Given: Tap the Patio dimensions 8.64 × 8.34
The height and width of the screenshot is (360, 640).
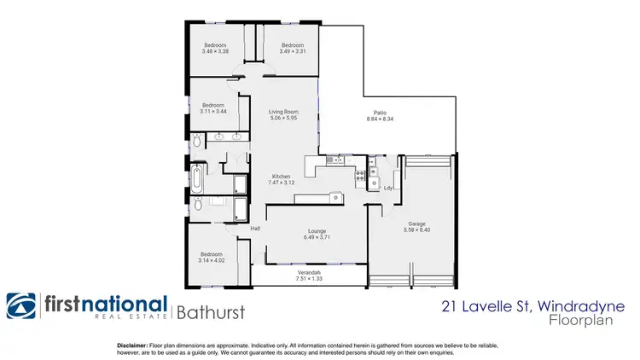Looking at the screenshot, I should [380, 119].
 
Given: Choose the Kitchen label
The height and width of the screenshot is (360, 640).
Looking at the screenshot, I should [282, 177].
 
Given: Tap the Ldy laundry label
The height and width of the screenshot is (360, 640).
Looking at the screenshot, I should [388, 188].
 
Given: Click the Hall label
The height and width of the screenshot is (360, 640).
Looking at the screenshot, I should [254, 229].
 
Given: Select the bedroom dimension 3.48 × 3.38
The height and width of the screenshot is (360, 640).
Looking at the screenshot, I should [215, 51].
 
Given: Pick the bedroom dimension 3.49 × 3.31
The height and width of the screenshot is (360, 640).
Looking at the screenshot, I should [293, 51].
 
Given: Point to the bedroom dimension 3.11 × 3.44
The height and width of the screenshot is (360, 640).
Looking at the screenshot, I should [212, 112].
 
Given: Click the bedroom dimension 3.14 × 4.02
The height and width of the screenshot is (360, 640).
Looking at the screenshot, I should [212, 259].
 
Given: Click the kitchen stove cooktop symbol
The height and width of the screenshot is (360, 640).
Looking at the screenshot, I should [360, 177].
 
